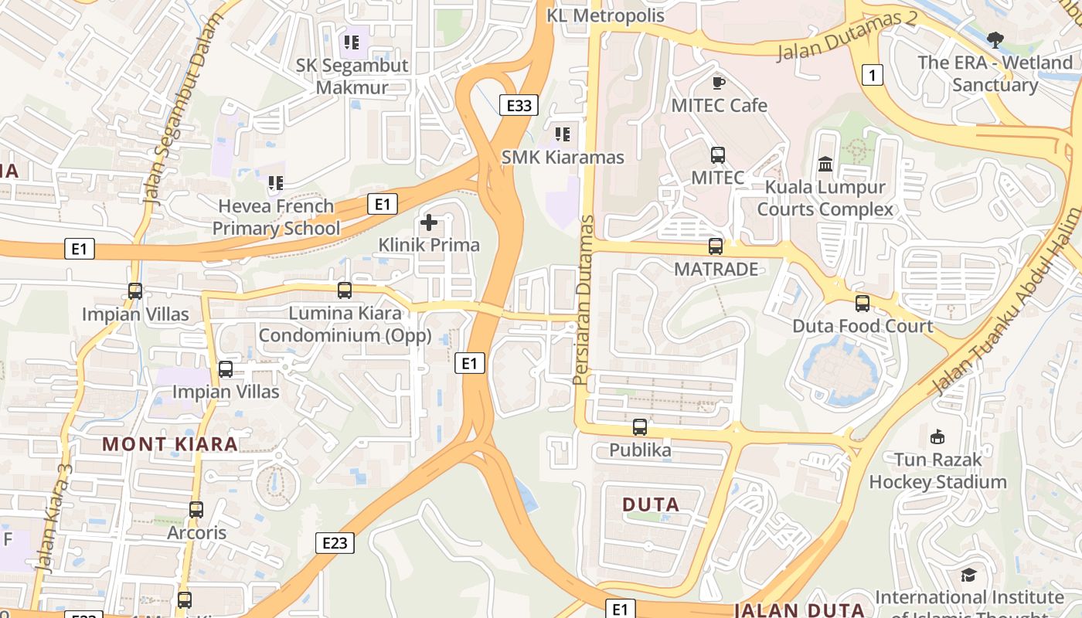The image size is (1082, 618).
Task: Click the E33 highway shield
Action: coord(518,105)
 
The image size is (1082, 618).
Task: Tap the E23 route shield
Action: coord(335,542)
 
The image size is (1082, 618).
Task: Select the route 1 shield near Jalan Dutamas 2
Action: coord(873,75)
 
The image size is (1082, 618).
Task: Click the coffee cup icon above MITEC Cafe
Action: coord(718,82)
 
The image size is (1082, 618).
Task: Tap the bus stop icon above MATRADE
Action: coord(716,246)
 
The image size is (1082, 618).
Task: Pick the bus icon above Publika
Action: coord(640,426)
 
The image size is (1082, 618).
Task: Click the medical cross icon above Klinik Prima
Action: coord(429,223)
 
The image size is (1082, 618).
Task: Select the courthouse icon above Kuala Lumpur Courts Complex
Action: coord(825,165)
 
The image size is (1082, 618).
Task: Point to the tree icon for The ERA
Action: coord(995,39)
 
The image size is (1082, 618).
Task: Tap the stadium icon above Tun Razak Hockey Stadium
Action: coord(937,437)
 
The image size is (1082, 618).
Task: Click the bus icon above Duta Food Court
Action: coord(863,304)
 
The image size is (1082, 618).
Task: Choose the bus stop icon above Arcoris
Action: coord(196,510)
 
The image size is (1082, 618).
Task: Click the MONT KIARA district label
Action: coord(170,444)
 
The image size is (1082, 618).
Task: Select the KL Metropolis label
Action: coord(605,15)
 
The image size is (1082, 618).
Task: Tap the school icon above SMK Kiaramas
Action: coord(563,134)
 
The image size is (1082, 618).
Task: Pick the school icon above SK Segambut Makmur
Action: coord(352,42)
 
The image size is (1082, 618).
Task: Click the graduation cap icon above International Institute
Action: coord(968,576)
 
